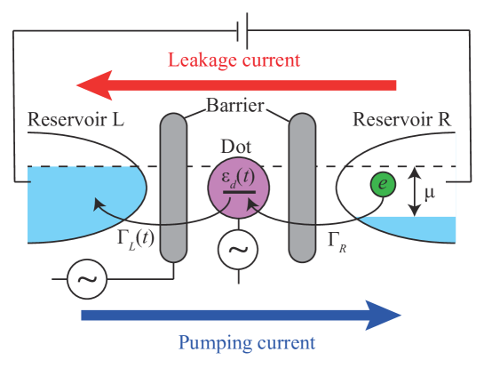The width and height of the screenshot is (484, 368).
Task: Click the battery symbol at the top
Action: point(242,32)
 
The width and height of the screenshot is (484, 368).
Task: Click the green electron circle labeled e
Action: point(383,185)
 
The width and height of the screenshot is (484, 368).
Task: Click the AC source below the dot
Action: point(237,250)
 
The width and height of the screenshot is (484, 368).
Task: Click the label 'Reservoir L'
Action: point(75,119)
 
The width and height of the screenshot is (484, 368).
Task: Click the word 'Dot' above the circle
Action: point(237,148)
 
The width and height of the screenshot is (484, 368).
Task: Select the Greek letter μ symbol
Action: point(430,192)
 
